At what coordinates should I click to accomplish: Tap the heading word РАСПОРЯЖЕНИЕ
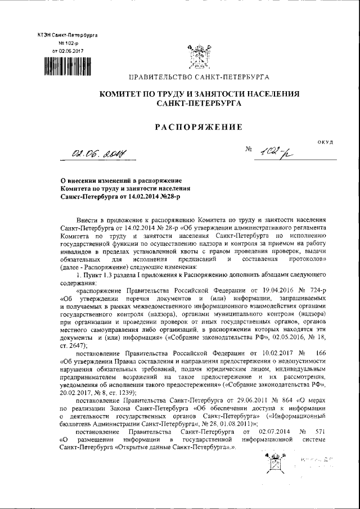pos(199,127)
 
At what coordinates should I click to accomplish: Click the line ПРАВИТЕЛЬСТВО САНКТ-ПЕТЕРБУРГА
pos(199,76)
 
